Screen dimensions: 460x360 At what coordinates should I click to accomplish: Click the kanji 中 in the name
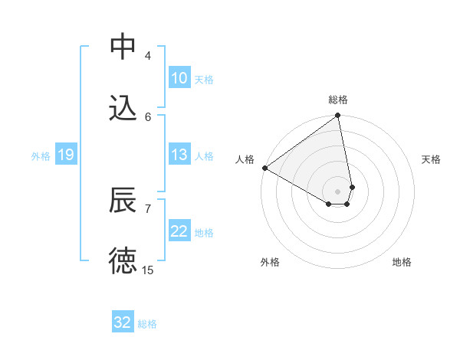[x=123, y=47]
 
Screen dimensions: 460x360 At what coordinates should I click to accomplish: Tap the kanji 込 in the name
[x=123, y=108]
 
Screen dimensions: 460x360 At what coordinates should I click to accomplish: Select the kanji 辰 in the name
[x=123, y=200]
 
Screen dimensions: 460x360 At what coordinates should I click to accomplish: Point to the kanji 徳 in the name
[x=123, y=261]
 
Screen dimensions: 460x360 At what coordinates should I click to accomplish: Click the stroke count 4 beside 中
[x=148, y=55]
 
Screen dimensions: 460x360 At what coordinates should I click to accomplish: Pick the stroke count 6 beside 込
[x=148, y=116]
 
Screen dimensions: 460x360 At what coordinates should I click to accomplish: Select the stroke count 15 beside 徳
[x=148, y=270]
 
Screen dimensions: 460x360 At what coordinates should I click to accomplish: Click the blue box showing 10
[x=179, y=78]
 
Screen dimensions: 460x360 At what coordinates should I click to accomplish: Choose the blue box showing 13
[x=179, y=155]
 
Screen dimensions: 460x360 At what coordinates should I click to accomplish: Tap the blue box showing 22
[x=179, y=231]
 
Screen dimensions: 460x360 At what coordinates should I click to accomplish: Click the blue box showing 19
[x=65, y=155]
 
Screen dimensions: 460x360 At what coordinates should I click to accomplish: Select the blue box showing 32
[x=123, y=322]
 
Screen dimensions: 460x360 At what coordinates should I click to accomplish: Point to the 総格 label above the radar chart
[x=338, y=100]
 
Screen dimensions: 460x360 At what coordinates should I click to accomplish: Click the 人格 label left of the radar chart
[x=245, y=159]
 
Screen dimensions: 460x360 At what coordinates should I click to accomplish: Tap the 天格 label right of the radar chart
[x=432, y=159]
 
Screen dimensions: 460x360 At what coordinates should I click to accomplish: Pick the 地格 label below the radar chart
[x=402, y=262]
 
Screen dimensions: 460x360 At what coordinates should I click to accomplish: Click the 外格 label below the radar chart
[x=270, y=262]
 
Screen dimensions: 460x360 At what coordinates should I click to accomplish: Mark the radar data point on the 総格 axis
[x=337, y=116]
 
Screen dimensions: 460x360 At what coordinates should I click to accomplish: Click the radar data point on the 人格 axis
[x=264, y=168]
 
